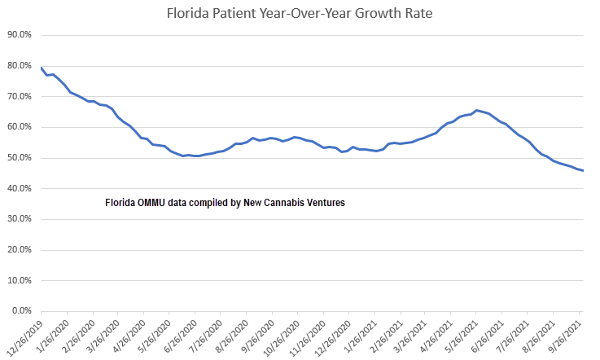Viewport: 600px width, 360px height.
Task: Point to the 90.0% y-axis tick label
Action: (19, 35)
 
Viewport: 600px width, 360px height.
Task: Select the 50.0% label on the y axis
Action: (19, 158)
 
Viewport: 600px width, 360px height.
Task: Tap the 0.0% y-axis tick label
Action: (20, 311)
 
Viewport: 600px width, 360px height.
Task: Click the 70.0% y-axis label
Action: (19, 97)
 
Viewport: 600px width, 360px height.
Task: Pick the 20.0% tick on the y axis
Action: (19, 250)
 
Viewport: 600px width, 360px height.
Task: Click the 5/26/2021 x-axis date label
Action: (461, 335)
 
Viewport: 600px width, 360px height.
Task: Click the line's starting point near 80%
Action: (41, 68)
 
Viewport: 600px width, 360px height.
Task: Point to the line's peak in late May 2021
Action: (476, 110)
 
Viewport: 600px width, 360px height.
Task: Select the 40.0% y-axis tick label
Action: (19, 189)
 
